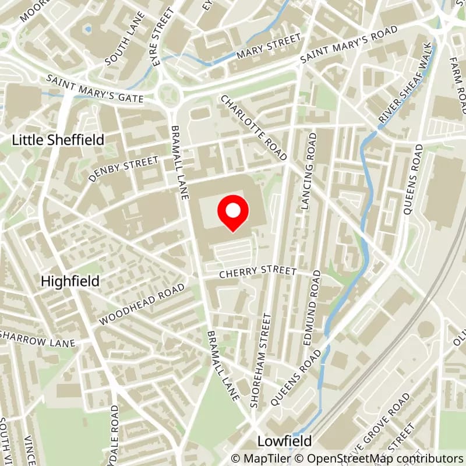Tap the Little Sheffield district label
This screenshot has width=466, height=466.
[x=59, y=140]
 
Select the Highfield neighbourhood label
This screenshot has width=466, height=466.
[x=70, y=281]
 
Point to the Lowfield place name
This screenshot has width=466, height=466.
[x=285, y=440]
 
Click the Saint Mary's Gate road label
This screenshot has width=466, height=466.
[x=96, y=89]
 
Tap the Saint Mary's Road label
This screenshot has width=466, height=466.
[x=349, y=45]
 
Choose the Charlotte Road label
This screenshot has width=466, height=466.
[x=253, y=128]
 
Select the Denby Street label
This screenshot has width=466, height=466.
[x=123, y=169]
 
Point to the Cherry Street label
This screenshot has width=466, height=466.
[x=258, y=273]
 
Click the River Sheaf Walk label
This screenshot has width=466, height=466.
[x=406, y=82]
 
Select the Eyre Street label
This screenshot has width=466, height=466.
[x=163, y=36]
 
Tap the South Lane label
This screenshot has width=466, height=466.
[x=121, y=46]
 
